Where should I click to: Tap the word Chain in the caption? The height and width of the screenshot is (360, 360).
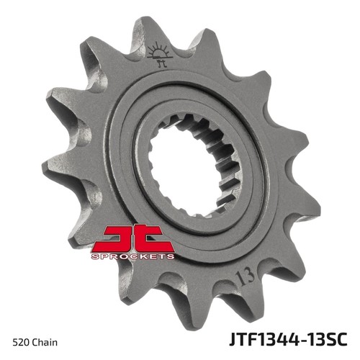point(45,342)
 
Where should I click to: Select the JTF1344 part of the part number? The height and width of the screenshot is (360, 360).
point(264,338)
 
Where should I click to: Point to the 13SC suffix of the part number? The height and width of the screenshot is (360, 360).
point(326,338)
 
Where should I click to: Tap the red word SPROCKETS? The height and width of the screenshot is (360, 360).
point(132,256)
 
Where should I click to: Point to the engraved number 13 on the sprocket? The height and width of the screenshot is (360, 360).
point(245,277)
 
